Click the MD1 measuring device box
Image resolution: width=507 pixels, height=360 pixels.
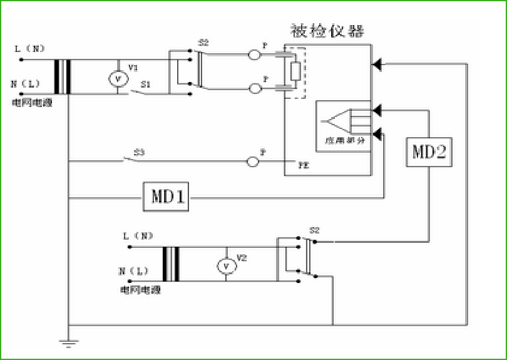point(166,197)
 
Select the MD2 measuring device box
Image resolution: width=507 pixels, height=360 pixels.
point(429,152)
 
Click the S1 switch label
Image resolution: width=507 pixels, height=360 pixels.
point(145,84)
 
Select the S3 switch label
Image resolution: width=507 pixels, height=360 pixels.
point(138,152)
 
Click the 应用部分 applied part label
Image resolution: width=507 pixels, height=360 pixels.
point(344,141)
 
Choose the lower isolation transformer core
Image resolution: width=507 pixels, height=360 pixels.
point(171,264)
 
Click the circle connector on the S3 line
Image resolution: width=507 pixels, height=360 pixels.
point(253,162)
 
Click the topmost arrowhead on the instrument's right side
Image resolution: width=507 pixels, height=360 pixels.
point(376,64)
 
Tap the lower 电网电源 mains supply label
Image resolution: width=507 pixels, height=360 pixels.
point(141,290)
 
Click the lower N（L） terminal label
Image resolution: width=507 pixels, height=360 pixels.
point(134,272)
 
